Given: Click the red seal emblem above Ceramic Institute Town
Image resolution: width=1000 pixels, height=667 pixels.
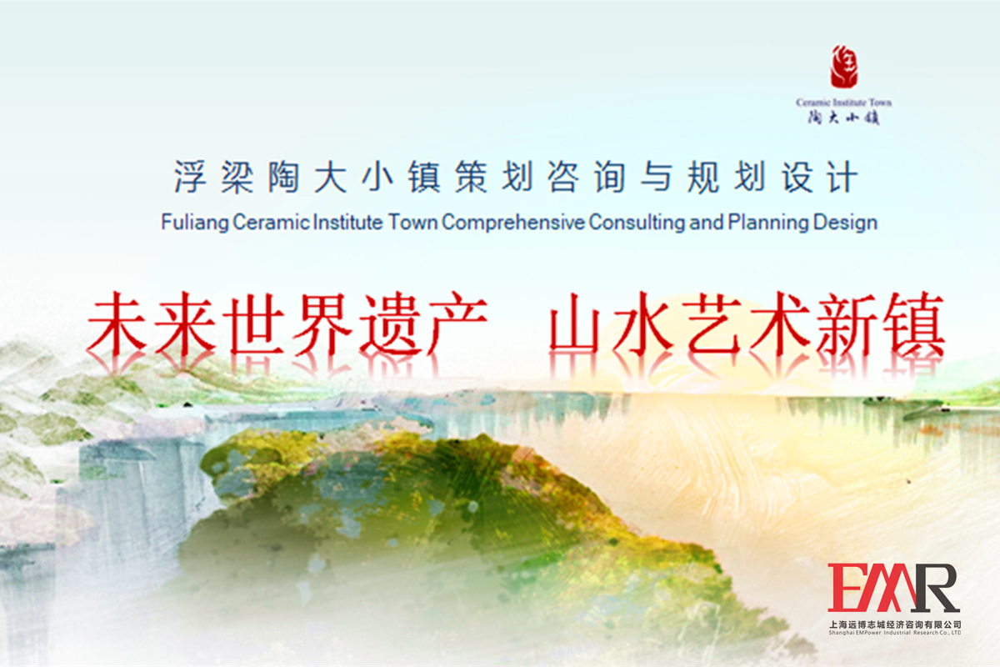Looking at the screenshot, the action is (x=843, y=66).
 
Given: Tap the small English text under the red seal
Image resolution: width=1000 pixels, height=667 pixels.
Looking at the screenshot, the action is (x=843, y=103).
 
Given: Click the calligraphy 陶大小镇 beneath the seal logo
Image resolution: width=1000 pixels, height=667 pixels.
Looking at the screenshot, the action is (x=843, y=118).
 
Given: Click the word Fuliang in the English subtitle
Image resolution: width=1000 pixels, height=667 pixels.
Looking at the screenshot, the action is (x=195, y=223).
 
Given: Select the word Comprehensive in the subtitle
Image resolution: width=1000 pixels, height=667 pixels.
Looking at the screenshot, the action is (x=513, y=223).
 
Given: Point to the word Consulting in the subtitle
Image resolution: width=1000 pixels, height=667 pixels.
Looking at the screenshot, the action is (x=637, y=223).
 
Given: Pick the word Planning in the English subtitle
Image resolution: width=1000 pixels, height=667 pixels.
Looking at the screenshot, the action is (x=768, y=223).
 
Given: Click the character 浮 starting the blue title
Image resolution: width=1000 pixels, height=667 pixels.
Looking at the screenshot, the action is (x=190, y=177).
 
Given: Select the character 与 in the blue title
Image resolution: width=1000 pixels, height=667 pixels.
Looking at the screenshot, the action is (x=657, y=177).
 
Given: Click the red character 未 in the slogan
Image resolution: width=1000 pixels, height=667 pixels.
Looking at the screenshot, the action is (x=117, y=323).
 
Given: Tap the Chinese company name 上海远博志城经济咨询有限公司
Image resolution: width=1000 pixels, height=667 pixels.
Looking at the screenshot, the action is (x=895, y=624).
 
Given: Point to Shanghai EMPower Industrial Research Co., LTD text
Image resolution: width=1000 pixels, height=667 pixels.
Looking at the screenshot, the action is (x=895, y=633).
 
